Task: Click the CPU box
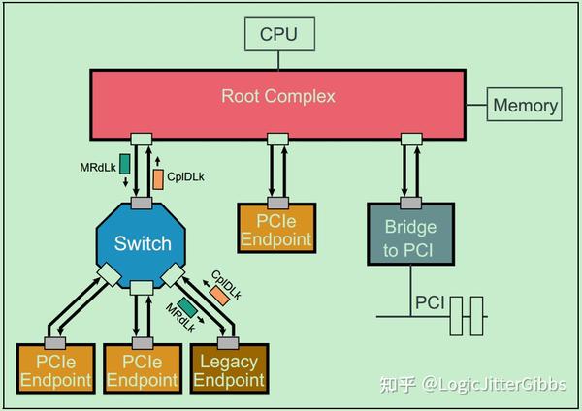tap(278, 36)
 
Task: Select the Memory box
tap(525, 106)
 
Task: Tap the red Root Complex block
tap(278, 97)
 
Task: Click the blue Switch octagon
tap(143, 244)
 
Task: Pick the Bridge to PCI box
tap(409, 235)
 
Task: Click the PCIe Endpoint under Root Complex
tap(278, 231)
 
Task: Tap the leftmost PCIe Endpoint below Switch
tap(54, 370)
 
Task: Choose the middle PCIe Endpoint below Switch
tap(143, 370)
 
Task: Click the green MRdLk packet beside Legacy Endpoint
tap(186, 309)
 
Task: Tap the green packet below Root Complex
tap(124, 162)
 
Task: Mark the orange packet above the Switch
tap(158, 178)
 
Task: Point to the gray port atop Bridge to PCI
tap(409, 203)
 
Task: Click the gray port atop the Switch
tap(143, 203)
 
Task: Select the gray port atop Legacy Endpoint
tap(228, 342)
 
